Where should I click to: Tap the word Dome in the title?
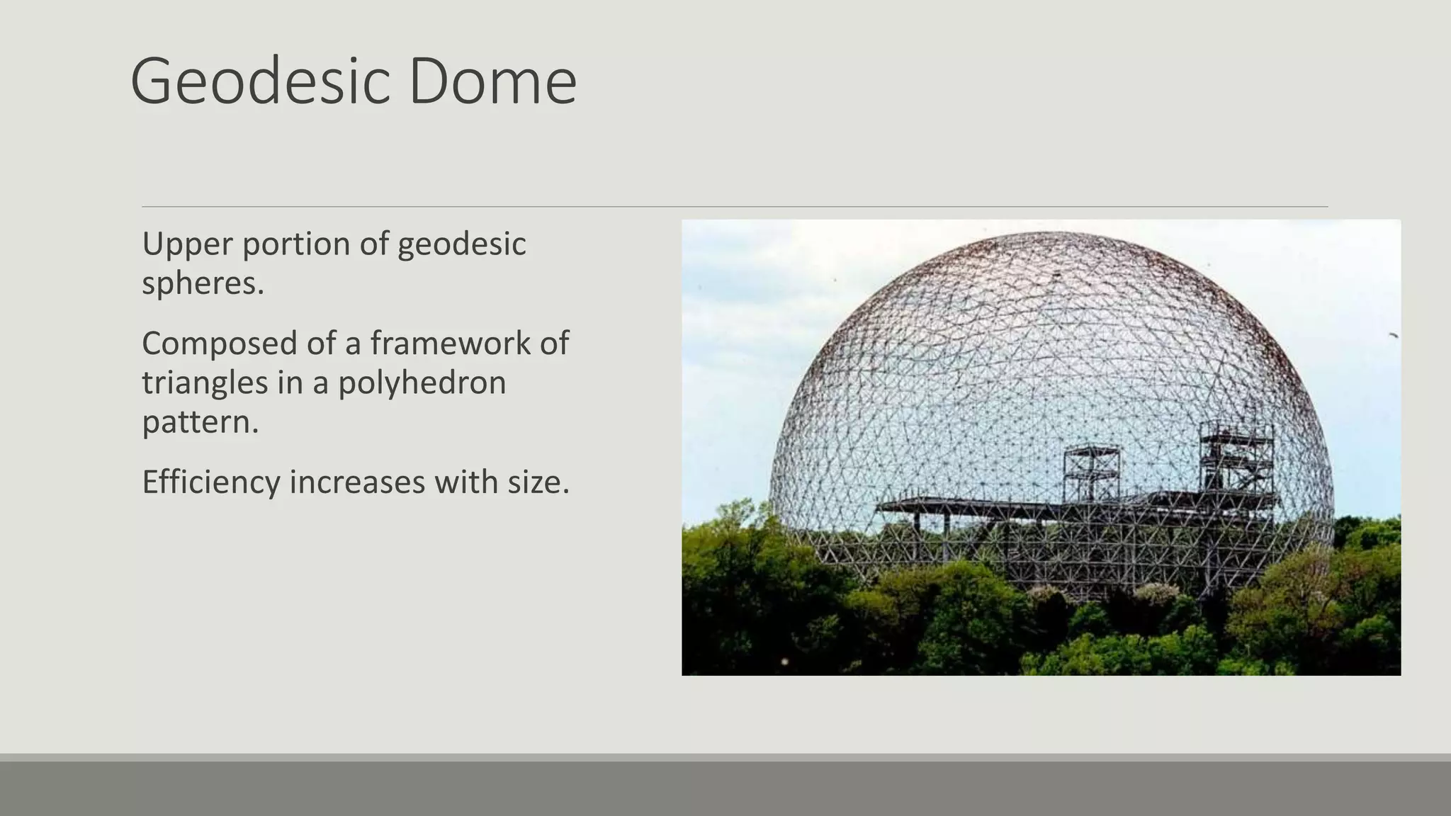point(492,82)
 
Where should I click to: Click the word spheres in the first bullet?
point(203,284)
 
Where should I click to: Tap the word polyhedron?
point(422,383)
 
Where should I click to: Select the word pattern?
point(200,423)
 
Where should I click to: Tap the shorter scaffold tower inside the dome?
point(1091,471)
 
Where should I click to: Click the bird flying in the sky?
point(1393,334)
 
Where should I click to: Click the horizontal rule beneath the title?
point(734,207)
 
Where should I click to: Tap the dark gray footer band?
point(725,788)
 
